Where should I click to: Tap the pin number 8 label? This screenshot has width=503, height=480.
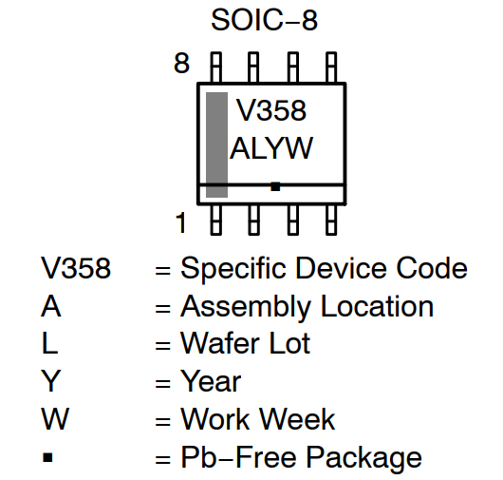click(182, 65)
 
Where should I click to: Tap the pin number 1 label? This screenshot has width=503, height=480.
click(182, 223)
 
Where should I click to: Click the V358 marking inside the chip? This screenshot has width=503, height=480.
click(271, 111)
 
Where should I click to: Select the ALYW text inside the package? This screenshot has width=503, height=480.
click(271, 149)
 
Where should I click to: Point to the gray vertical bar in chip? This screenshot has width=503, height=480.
click(217, 144)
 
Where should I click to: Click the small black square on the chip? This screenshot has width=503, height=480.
click(275, 186)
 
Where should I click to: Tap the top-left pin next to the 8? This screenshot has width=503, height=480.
click(216, 67)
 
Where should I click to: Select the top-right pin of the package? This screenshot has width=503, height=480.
click(330, 67)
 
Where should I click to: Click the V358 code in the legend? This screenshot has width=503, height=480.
click(76, 269)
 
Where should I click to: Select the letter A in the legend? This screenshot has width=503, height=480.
click(51, 307)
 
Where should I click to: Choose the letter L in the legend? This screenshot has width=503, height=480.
click(49, 344)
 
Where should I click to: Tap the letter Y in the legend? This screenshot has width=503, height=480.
click(51, 382)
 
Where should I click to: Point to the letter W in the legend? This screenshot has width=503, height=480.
click(55, 419)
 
